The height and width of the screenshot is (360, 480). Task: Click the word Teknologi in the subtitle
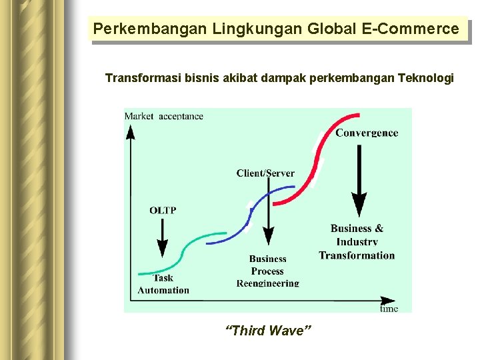425,79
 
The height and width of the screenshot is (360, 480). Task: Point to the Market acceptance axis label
164,116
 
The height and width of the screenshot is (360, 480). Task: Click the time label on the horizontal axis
389,309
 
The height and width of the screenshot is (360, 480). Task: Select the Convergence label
367,133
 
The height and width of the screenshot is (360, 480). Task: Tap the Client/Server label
265,173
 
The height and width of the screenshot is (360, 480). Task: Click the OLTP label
163,210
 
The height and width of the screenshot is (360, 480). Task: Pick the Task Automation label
163,284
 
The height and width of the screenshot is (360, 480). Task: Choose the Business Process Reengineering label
268,271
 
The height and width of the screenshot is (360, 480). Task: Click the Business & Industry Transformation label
357,242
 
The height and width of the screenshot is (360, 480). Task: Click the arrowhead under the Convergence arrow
359,203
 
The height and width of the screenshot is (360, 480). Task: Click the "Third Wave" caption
269,331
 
